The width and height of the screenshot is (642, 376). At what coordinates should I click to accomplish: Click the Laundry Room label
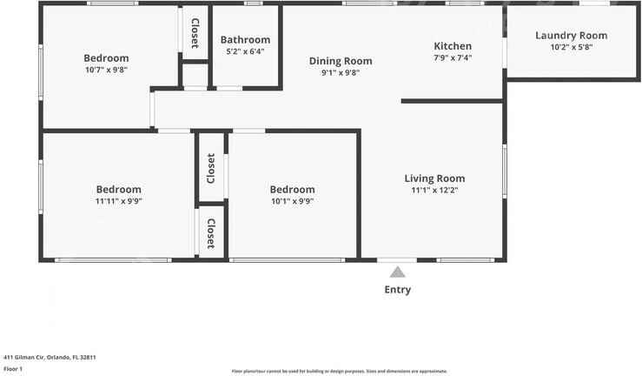[571, 36]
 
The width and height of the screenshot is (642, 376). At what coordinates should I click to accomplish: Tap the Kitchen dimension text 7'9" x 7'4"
[453, 58]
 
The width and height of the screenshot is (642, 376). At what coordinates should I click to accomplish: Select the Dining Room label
[341, 61]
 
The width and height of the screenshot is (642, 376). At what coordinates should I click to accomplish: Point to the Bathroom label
[245, 40]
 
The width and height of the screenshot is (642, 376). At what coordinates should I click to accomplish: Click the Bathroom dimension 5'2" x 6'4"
[245, 51]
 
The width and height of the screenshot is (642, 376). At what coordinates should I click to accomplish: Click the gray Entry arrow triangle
[397, 272]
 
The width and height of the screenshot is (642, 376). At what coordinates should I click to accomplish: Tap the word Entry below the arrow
[397, 290]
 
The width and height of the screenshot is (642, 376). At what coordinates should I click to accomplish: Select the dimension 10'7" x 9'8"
[106, 70]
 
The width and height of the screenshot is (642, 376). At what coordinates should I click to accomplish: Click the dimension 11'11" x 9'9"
[118, 201]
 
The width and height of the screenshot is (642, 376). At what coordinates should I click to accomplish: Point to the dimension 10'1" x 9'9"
[292, 201]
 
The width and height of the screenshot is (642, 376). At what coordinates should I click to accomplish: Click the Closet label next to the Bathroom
[195, 33]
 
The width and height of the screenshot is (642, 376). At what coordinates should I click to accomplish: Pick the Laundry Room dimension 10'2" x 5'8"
[571, 47]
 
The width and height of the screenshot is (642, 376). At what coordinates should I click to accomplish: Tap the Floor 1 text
[13, 369]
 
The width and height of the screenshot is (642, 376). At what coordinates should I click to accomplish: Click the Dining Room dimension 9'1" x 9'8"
[341, 73]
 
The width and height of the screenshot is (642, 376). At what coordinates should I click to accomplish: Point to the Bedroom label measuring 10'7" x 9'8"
[106, 58]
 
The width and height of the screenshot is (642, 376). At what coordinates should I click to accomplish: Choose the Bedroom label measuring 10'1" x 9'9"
[292, 190]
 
